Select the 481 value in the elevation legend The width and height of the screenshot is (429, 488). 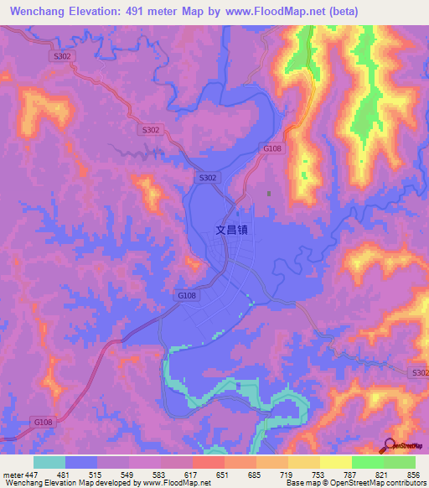coord(63,475)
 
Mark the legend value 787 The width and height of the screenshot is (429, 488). coord(351,475)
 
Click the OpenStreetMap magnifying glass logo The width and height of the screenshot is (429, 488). coord(390,445)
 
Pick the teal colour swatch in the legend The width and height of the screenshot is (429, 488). coord(49,462)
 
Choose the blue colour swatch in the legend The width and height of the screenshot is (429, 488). coord(81,462)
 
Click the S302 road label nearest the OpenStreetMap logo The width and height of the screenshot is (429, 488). coord(418,372)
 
